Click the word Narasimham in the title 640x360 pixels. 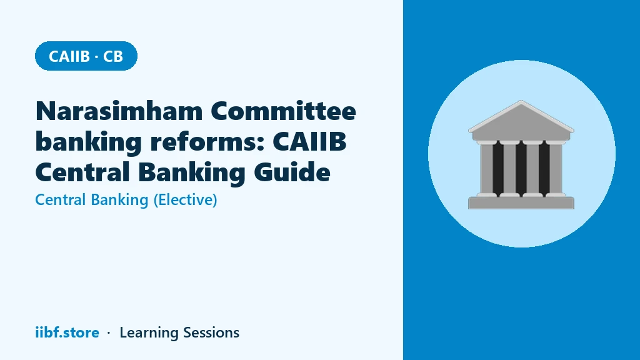coord(119,111)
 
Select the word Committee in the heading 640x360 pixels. coord(284,111)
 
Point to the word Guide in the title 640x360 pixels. coord(292,172)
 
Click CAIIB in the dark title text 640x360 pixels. coord(310,142)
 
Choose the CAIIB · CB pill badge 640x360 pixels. coord(86,56)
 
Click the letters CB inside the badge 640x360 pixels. coord(113,56)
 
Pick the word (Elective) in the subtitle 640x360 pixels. coord(185,200)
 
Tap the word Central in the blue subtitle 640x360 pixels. coord(61,200)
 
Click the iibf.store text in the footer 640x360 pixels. coord(67,332)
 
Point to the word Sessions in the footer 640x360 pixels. coord(211,332)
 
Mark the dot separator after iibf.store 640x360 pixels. coord(109,333)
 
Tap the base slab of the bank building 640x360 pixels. coord(521,203)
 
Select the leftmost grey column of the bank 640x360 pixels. coord(486,169)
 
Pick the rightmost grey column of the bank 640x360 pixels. coord(556,169)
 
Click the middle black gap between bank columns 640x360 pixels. coord(521,169)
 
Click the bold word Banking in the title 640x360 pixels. coord(192,172)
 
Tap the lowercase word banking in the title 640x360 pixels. coord(89,142)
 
